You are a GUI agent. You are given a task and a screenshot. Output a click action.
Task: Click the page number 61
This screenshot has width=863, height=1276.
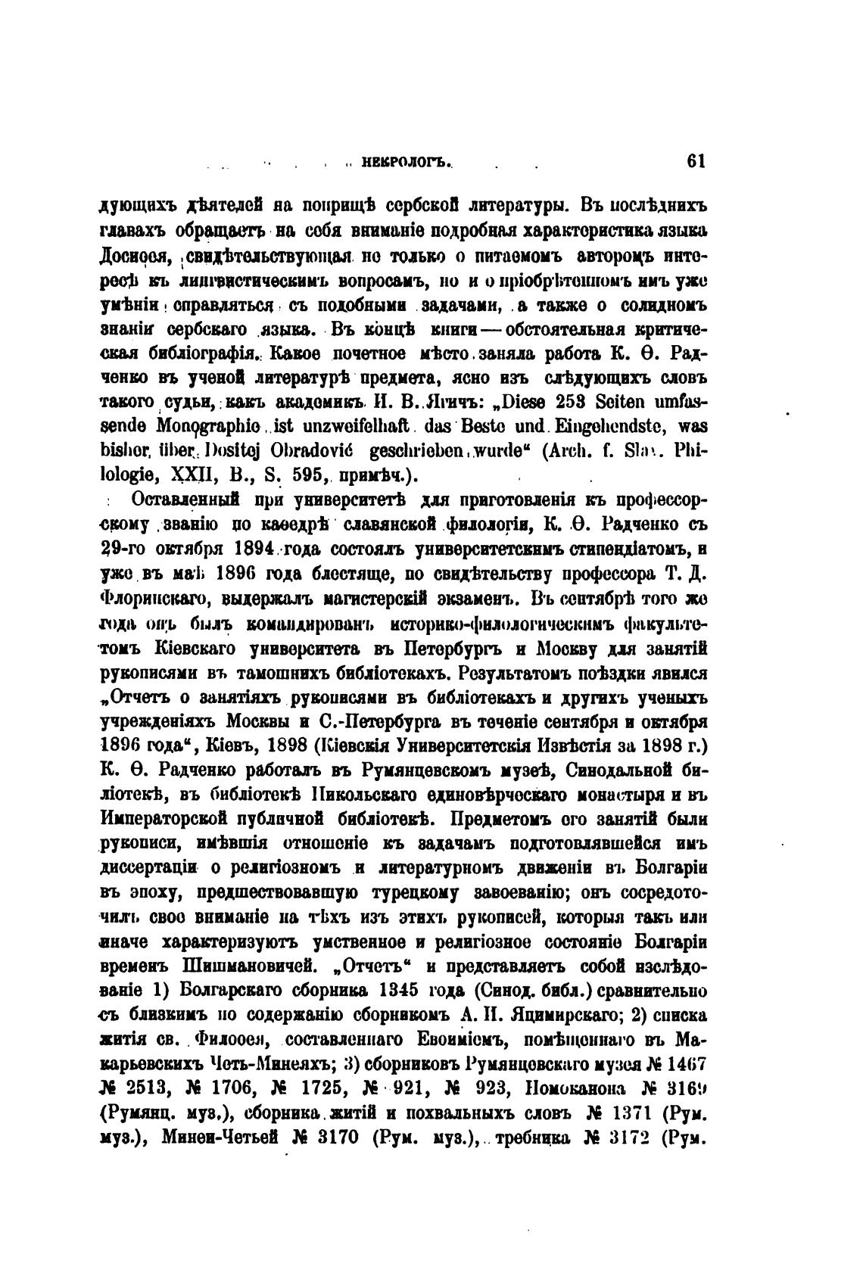tap(694, 161)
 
